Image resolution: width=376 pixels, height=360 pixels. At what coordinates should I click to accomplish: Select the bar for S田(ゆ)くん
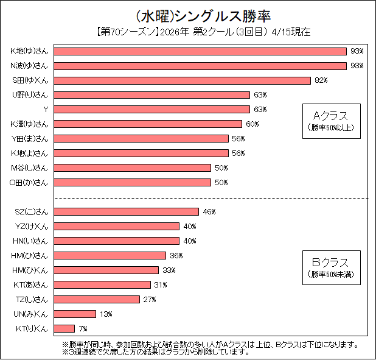183,80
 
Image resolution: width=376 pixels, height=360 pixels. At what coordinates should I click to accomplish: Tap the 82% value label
321,80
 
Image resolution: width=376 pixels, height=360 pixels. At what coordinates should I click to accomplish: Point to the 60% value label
252,124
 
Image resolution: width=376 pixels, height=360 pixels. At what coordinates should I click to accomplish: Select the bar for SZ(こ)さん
127,211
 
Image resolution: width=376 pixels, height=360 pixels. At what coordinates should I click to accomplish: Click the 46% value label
209,211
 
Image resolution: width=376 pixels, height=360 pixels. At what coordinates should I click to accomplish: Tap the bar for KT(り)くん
64,328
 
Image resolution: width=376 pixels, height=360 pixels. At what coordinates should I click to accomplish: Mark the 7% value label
83,328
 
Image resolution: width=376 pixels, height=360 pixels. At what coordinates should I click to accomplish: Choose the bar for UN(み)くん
75,314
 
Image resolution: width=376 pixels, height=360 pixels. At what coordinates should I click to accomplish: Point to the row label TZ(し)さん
31,299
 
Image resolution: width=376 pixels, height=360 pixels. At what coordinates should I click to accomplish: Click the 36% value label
176,255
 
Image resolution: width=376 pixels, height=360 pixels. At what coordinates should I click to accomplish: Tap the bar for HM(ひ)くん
106,270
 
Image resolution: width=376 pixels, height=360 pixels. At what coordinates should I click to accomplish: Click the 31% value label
161,284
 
